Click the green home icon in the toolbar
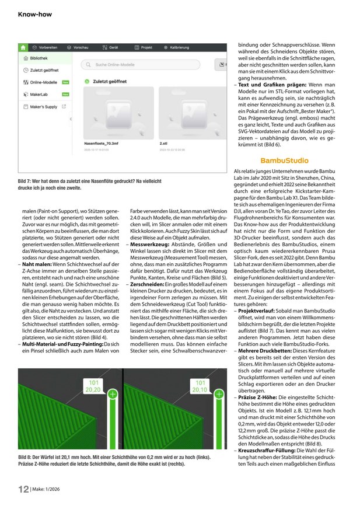click(x=23, y=46)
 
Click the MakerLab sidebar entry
click(x=40, y=94)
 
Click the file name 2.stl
click(x=163, y=141)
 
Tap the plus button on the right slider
click(x=220, y=395)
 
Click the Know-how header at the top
click(x=35, y=13)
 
